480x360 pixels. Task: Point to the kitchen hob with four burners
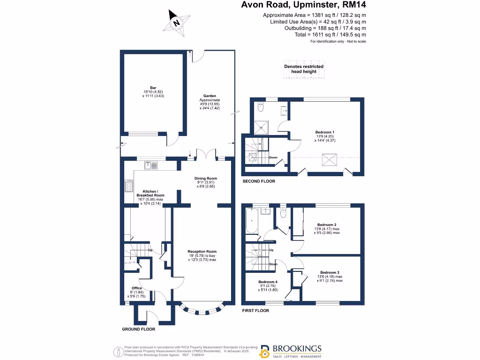[x=128, y=186]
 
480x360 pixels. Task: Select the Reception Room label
[x=202, y=255]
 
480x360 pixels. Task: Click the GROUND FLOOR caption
[x=138, y=329]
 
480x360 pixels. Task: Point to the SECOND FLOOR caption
[x=258, y=181]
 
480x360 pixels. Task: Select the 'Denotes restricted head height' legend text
[x=304, y=69]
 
